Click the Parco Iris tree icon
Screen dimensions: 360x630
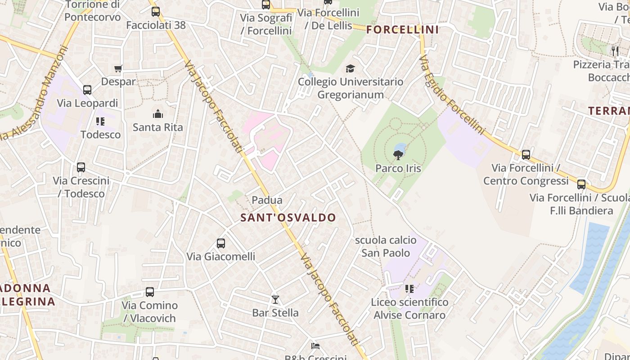[x=398, y=156]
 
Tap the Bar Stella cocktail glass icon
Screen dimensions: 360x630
[x=275, y=300]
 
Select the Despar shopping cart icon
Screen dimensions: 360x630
[x=118, y=69]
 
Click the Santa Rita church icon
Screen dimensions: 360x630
[x=157, y=114]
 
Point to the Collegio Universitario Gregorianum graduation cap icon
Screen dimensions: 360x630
[x=350, y=69]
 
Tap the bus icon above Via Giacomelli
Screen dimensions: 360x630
[x=220, y=243]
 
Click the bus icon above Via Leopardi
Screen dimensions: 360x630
[x=87, y=90]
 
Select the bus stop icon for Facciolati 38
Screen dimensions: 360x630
[x=156, y=12]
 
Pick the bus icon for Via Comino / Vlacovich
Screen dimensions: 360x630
[x=150, y=292]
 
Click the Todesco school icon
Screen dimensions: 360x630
[x=100, y=121]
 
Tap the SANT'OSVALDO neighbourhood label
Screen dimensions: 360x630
[x=288, y=218]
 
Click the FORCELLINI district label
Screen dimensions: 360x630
[x=402, y=30]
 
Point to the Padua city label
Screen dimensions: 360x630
[x=267, y=200]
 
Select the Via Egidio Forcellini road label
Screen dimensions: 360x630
[x=452, y=95]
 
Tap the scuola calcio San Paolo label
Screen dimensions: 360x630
[x=386, y=246]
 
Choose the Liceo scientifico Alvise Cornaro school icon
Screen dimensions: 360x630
[x=409, y=289]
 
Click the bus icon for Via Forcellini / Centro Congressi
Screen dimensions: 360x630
[x=526, y=155]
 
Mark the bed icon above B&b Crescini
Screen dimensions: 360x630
[x=315, y=346]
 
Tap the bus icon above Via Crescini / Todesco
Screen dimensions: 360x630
[x=81, y=167]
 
